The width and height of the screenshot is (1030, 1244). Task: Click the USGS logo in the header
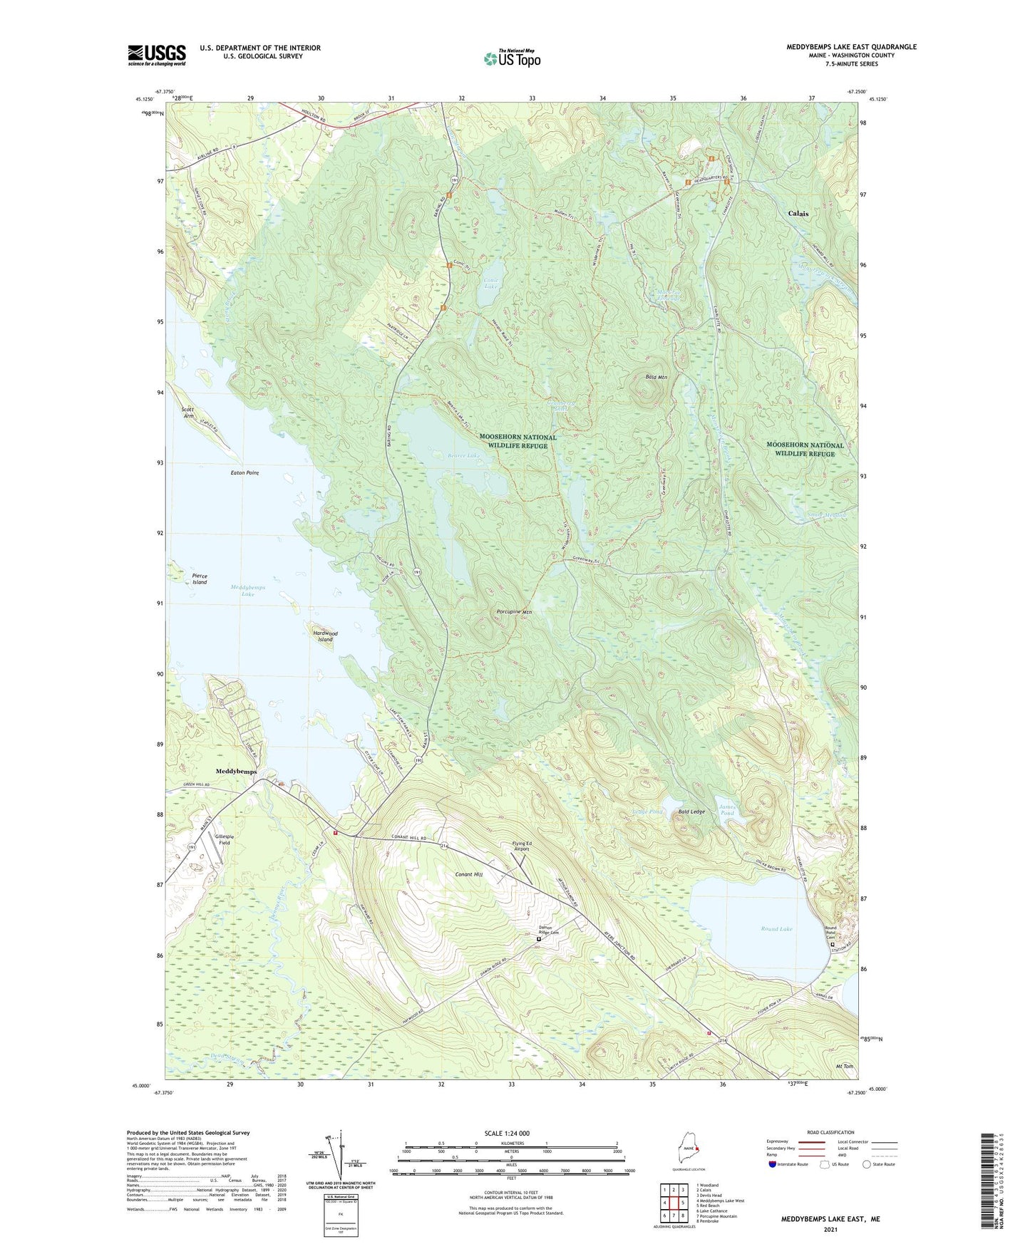click(157, 54)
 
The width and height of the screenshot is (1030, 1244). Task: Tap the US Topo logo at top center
click(512, 58)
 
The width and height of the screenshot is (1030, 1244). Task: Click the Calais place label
click(798, 214)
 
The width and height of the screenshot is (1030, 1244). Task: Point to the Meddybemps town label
click(236, 772)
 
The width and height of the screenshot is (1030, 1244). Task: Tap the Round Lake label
click(776, 929)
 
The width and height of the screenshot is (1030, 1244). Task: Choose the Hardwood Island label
click(325, 636)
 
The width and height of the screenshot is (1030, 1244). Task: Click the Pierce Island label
click(200, 579)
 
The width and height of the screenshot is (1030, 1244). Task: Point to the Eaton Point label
click(244, 472)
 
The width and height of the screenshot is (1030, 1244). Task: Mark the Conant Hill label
click(469, 874)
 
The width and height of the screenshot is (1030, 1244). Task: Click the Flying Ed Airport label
click(522, 846)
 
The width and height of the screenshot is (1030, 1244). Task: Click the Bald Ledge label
click(691, 812)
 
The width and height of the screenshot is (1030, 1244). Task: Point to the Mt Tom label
click(844, 1067)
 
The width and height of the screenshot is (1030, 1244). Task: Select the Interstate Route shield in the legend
click(773, 1164)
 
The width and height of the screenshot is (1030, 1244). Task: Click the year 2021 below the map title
click(830, 1229)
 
